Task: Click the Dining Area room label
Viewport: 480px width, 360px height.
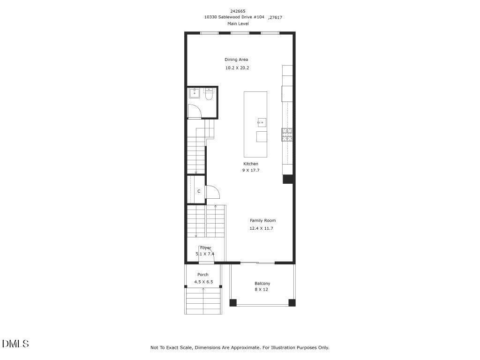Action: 236,60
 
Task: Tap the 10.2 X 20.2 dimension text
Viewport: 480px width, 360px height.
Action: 237,68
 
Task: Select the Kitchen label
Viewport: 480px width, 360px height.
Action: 251,164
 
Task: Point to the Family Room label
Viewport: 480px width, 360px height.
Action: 262,220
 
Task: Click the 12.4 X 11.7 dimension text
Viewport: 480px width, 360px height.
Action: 261,228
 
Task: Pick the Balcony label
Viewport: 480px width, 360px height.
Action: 262,284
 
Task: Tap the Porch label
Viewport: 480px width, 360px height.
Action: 203,275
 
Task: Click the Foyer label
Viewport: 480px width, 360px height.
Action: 205,247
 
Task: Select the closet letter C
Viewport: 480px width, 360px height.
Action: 199,191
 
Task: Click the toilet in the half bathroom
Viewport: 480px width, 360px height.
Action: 209,96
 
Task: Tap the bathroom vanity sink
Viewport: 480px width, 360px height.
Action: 195,93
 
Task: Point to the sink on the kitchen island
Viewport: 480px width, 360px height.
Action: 262,123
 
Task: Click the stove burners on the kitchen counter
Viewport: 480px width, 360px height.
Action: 287,135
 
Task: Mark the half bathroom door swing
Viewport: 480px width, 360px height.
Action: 194,112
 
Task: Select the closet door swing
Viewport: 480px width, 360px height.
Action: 212,192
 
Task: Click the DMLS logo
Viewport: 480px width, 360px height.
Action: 15,344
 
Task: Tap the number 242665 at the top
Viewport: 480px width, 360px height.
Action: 238,11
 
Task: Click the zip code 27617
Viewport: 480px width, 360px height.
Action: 276,17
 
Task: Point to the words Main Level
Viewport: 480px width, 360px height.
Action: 238,23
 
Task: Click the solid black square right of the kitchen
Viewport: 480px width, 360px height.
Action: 288,179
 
